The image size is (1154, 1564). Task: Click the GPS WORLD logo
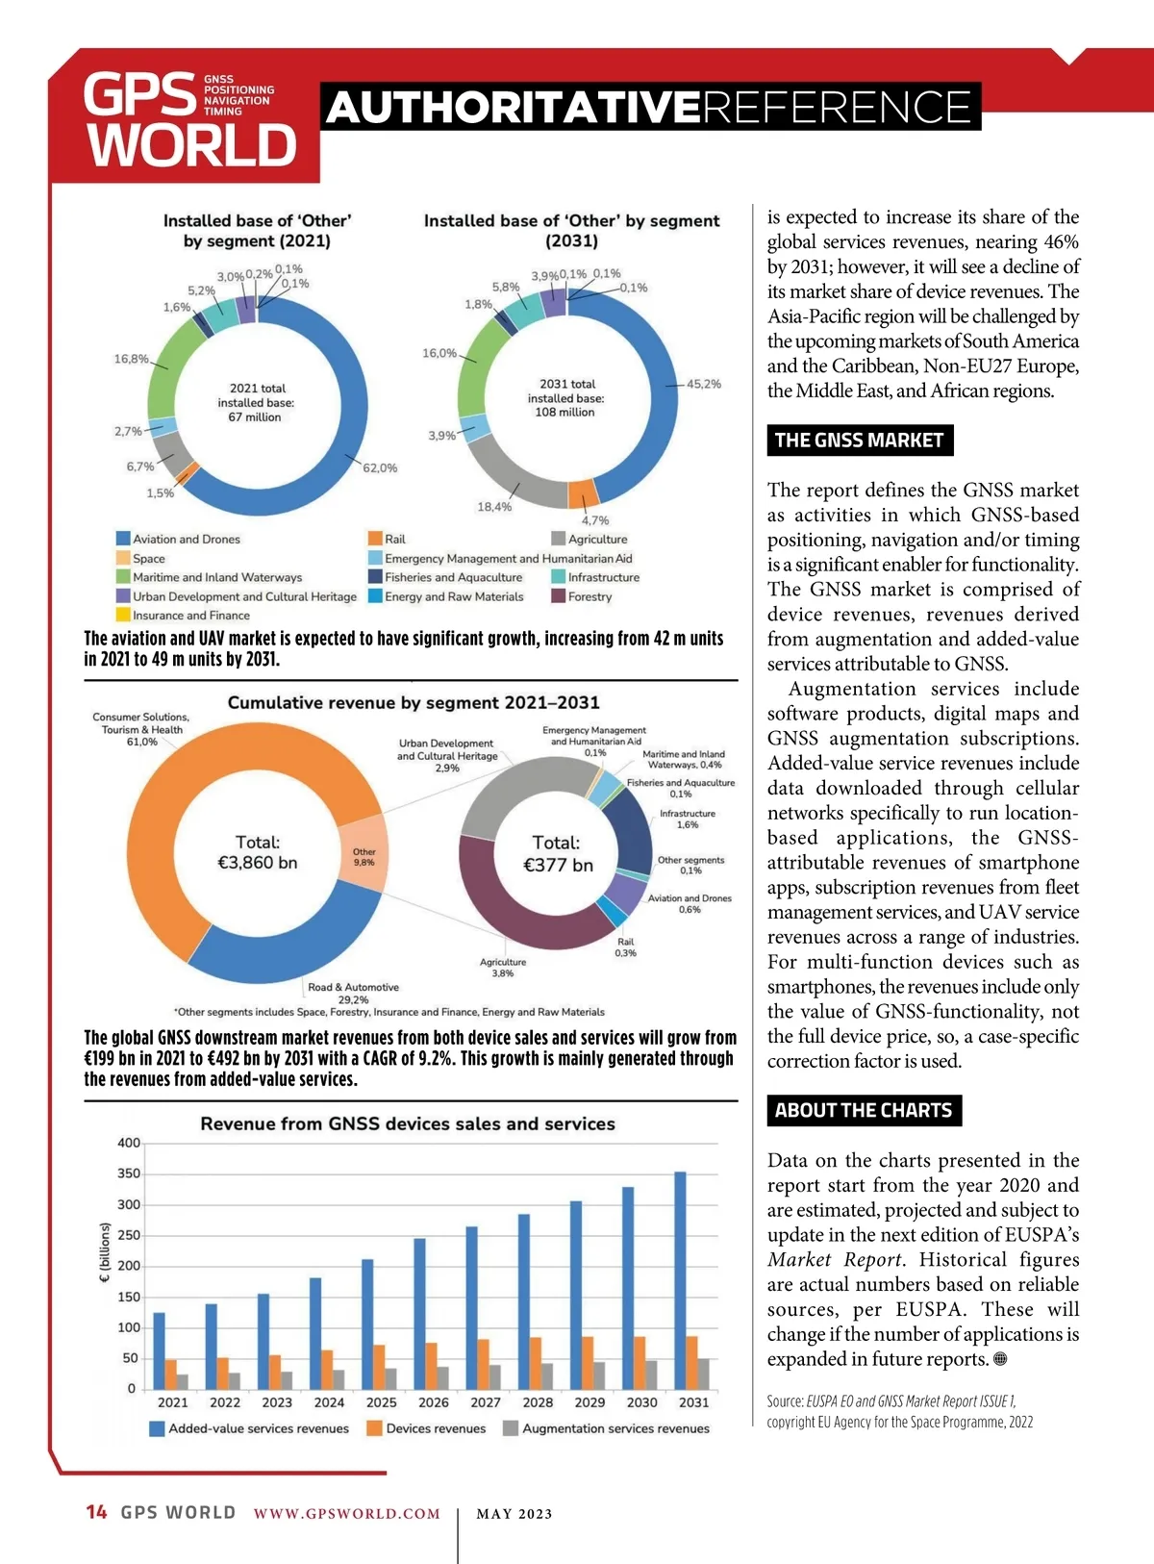tap(188, 120)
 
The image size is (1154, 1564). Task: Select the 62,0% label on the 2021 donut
tap(380, 468)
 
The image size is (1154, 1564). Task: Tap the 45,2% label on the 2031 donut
tap(703, 384)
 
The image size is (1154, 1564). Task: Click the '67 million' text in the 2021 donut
tap(255, 417)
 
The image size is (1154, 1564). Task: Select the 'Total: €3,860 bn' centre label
tap(258, 852)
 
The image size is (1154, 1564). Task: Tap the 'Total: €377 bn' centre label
tap(557, 854)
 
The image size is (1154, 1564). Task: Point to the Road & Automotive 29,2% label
tap(353, 994)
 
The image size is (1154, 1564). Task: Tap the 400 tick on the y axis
tap(129, 1143)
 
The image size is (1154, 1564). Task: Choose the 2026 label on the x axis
tap(433, 1402)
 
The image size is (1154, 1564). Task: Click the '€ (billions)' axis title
tap(105, 1252)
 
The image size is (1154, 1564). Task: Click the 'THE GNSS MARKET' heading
tap(859, 441)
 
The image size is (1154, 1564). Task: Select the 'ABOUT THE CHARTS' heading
tap(863, 1111)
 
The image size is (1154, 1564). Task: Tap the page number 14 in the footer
tap(96, 1512)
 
